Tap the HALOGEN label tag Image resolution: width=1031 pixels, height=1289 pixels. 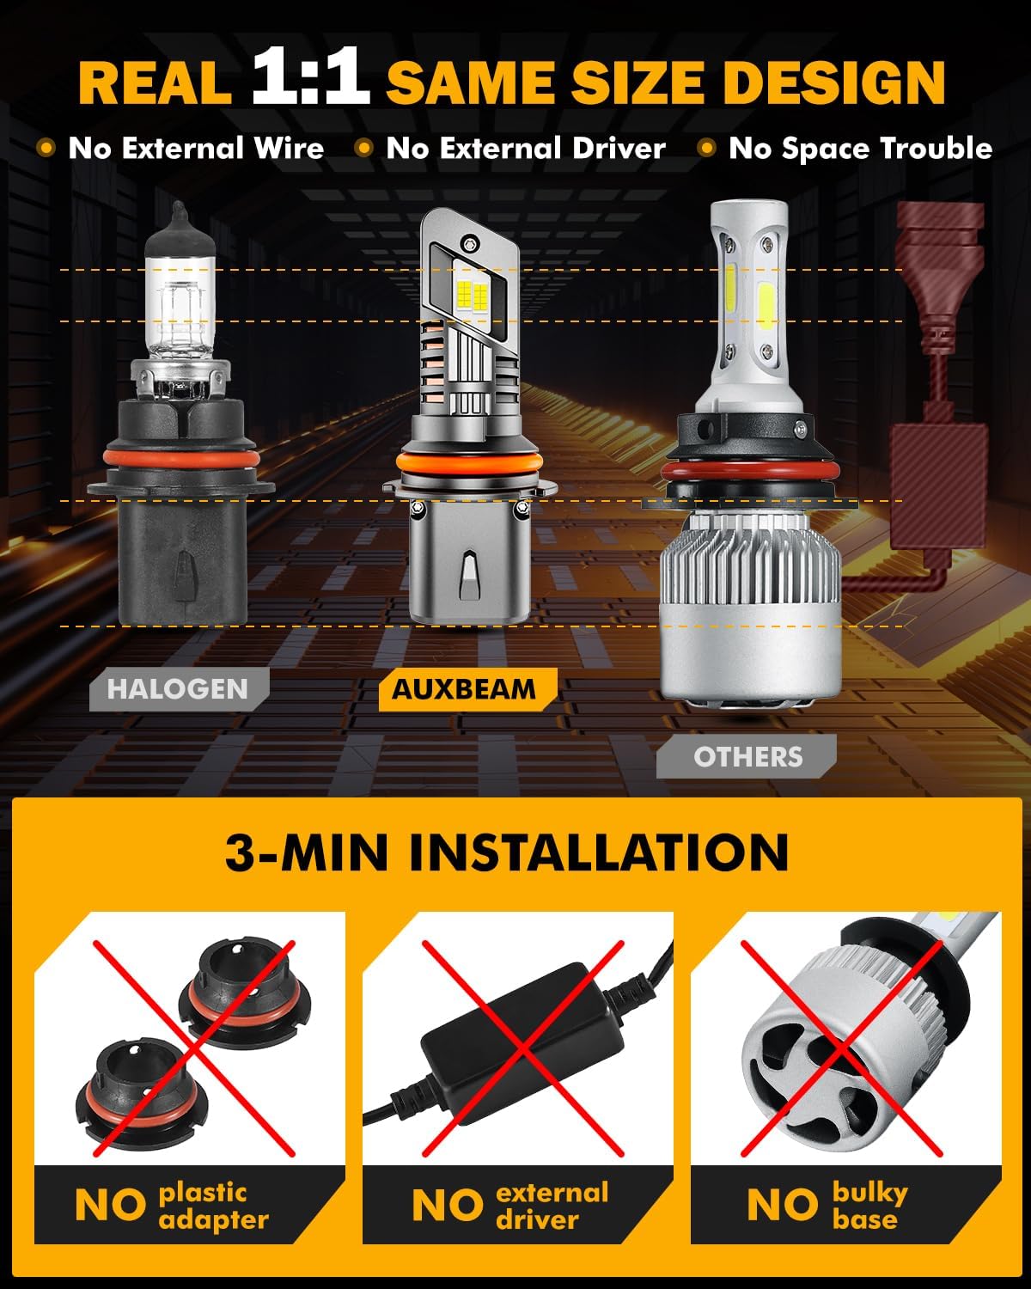point(178,689)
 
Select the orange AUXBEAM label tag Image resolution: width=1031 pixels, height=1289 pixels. point(465,689)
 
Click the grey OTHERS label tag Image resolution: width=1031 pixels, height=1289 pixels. point(747,756)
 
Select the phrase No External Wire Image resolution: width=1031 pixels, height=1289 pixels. point(196,149)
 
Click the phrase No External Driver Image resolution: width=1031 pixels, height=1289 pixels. point(526,149)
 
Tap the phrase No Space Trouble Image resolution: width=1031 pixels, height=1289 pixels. point(860,149)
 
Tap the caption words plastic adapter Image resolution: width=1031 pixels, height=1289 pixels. point(213,1206)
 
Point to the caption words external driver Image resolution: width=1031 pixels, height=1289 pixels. point(552,1206)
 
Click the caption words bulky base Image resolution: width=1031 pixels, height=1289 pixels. point(868,1206)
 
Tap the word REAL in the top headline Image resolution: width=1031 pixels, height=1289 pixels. point(155,82)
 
